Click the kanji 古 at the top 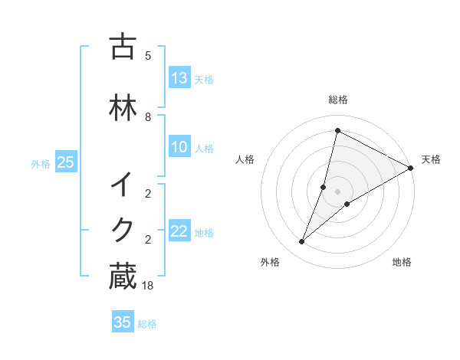click(x=123, y=47)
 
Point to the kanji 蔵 click(x=123, y=277)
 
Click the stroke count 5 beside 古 click(x=148, y=56)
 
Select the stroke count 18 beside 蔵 click(x=148, y=286)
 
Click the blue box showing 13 click(x=179, y=78)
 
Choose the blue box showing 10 click(x=179, y=148)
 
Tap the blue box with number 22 click(x=179, y=232)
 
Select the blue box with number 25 click(x=65, y=162)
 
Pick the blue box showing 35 click(x=123, y=322)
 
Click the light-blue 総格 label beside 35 click(x=147, y=324)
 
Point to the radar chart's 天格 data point click(x=411, y=169)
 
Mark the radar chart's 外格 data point click(x=301, y=242)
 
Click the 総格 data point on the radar click(x=337, y=131)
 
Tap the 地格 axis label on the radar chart click(x=402, y=263)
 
